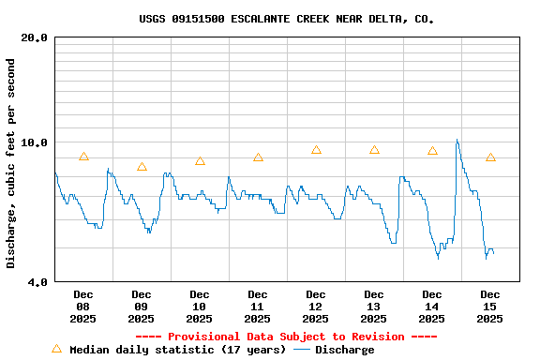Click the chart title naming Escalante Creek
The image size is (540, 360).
click(286, 19)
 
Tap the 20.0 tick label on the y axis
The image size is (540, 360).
click(35, 37)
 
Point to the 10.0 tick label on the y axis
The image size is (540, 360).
click(35, 142)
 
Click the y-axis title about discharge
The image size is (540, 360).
click(11, 163)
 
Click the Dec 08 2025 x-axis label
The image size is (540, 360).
click(83, 307)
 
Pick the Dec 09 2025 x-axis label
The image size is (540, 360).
click(142, 307)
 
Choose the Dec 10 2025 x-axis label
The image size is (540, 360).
click(200, 307)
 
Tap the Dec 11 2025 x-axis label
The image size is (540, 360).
click(258, 307)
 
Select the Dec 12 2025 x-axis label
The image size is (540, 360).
click(316, 307)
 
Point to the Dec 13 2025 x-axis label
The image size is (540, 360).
click(374, 307)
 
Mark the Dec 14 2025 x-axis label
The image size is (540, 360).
click(432, 307)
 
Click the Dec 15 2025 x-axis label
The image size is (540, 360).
click(490, 307)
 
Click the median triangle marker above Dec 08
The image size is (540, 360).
click(83, 157)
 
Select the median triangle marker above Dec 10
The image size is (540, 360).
click(200, 160)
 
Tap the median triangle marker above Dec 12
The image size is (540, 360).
click(316, 149)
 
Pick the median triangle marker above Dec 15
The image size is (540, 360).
click(490, 157)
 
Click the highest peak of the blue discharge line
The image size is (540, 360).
click(457, 140)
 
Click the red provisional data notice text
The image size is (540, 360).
click(286, 337)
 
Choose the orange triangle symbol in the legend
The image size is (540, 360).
click(56, 349)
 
